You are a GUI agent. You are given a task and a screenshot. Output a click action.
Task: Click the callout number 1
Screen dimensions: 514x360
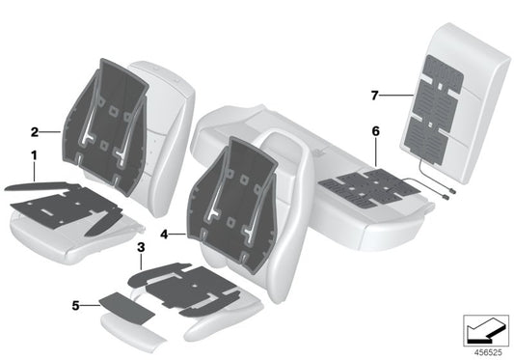(34, 155)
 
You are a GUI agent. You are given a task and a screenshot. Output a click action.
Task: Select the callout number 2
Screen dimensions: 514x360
(35, 132)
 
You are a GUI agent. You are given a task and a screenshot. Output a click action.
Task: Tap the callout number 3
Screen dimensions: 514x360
(141, 247)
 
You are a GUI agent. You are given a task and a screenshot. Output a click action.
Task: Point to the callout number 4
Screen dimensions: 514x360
(164, 235)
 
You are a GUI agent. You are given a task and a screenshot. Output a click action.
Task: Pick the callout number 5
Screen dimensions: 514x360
(76, 306)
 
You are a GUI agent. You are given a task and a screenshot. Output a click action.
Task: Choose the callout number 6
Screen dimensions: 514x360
(376, 131)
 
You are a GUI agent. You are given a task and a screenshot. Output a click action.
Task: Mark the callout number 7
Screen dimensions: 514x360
(375, 96)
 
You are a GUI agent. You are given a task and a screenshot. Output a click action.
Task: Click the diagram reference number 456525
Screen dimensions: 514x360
(488, 353)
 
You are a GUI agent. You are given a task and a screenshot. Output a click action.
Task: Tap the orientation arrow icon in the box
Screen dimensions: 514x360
(486, 330)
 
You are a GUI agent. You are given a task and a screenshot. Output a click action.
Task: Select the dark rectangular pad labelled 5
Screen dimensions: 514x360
(126, 308)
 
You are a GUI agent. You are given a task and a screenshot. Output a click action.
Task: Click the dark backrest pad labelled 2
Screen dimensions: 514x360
(106, 128)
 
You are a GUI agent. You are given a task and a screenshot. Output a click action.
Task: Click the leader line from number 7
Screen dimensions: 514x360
(396, 96)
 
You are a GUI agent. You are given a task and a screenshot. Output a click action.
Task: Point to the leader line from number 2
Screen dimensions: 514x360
(50, 132)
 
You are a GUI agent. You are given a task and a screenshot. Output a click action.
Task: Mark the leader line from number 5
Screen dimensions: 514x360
(90, 306)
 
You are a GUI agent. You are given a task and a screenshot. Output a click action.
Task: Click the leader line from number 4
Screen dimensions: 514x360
(178, 234)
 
